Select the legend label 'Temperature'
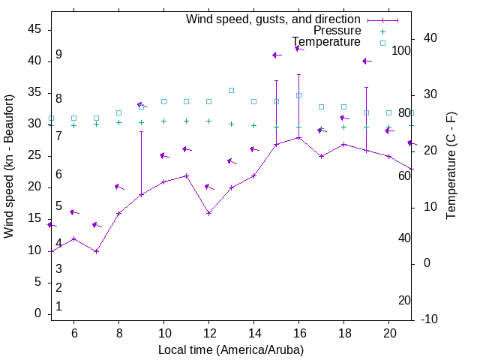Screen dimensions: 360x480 [x=326, y=42]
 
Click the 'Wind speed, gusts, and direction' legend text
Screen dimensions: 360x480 [x=273, y=19]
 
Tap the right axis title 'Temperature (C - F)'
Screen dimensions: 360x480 [x=451, y=166]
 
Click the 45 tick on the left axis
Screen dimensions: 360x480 [x=34, y=29]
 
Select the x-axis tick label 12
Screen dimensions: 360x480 [x=208, y=332]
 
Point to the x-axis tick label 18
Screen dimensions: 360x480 [x=343, y=332]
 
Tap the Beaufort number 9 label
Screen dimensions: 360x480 [x=58, y=55]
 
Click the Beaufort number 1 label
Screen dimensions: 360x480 [x=58, y=306]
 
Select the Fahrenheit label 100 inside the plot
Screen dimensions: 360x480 [x=401, y=51]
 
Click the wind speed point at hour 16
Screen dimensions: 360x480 [x=298, y=137]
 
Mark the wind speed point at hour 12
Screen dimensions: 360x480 [x=208, y=213]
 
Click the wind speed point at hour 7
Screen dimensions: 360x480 [x=96, y=251]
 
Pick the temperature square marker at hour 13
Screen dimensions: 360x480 [x=231, y=90]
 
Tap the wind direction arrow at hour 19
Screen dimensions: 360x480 [x=365, y=61]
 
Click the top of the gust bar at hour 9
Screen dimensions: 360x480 [x=141, y=131]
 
